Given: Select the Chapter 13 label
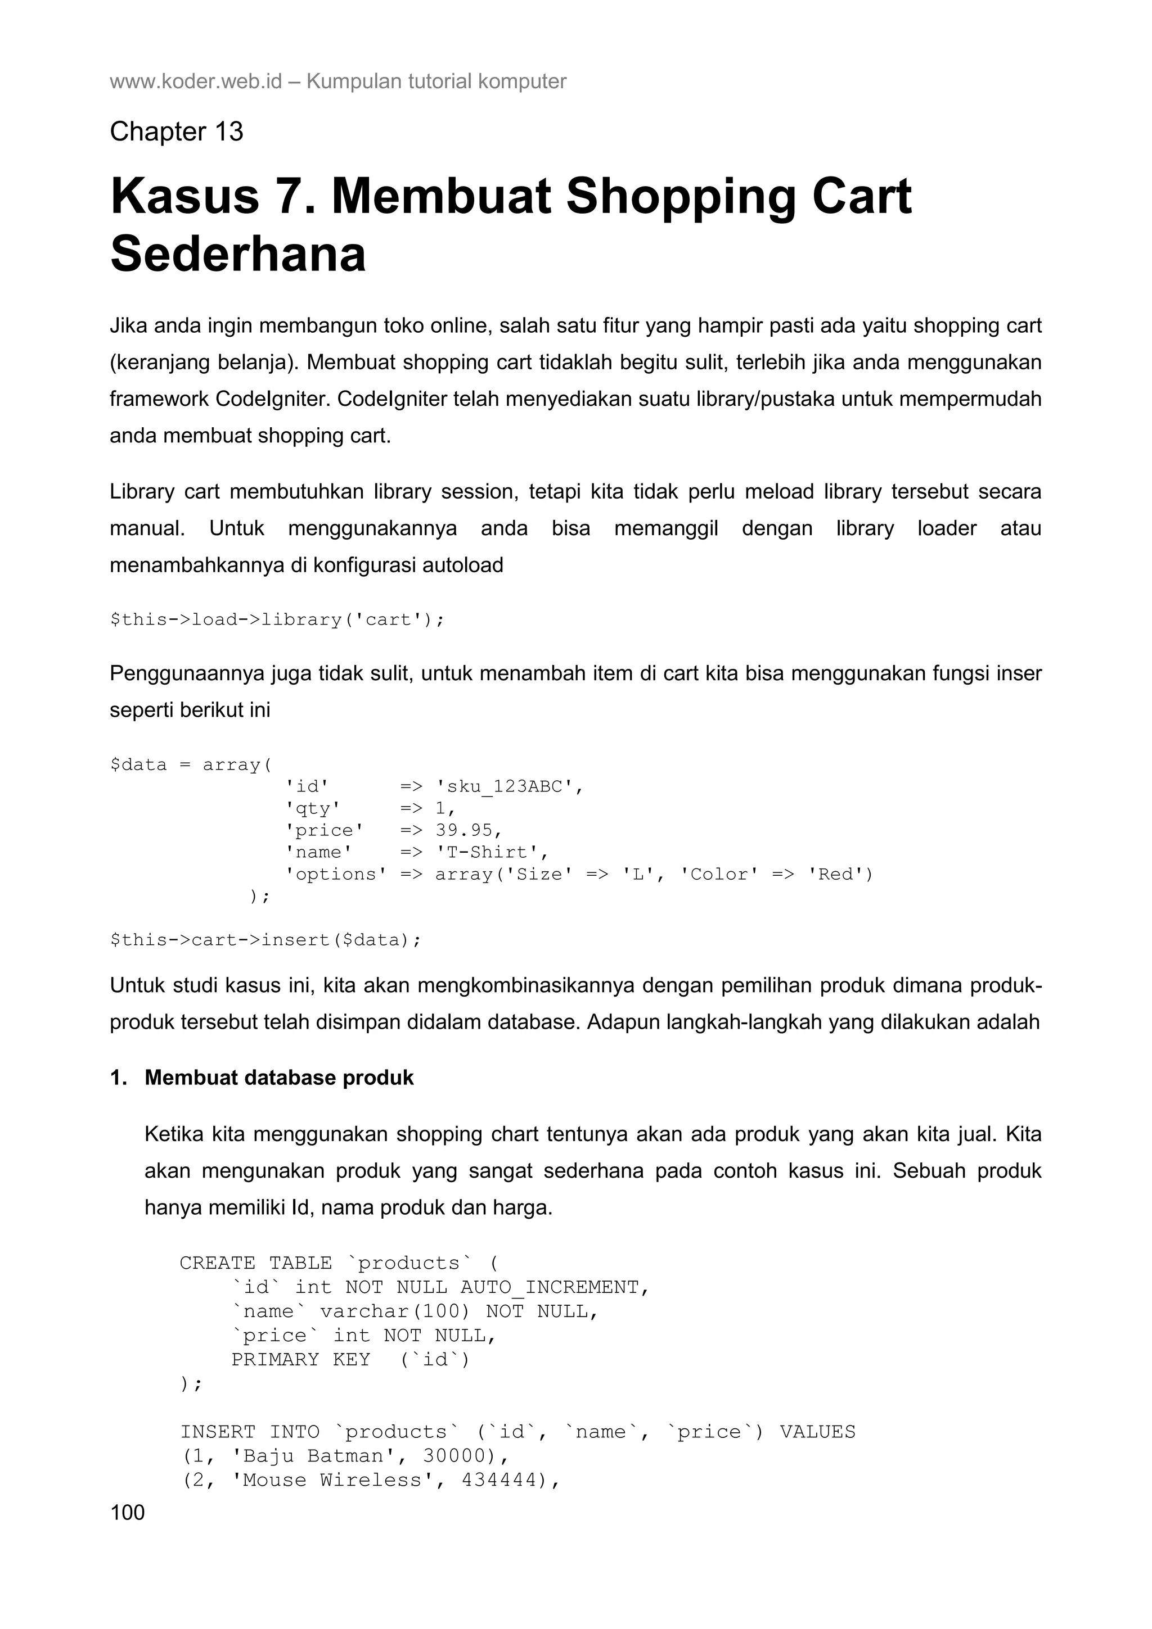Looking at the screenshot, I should [177, 132].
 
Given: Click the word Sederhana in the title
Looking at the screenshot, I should [238, 255].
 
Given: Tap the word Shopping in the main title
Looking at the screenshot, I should [681, 197].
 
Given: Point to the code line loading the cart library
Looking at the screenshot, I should [277, 619].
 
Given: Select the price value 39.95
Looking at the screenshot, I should [469, 830].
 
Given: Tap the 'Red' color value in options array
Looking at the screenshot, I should [840, 874].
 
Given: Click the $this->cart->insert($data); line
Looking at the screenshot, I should [265, 939].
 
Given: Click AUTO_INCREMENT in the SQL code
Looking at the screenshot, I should [553, 1287].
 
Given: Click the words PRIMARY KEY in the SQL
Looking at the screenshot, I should [300, 1359].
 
